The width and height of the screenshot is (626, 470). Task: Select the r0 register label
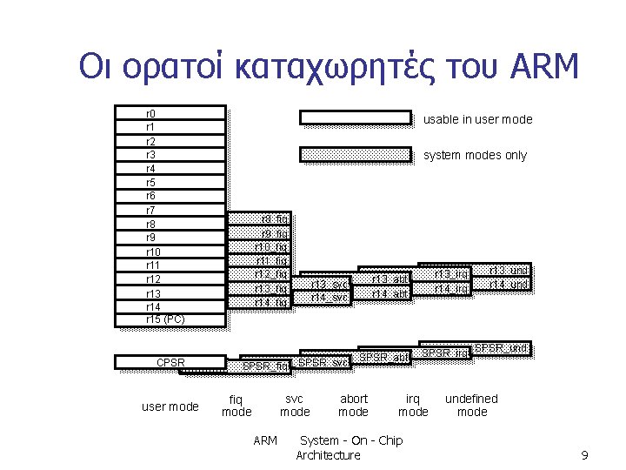pyautogui.click(x=150, y=113)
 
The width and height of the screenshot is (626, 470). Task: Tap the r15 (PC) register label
pyautogui.click(x=164, y=319)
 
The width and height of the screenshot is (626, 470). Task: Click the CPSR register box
pyautogui.click(x=170, y=362)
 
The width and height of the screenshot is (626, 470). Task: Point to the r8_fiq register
pyautogui.click(x=275, y=219)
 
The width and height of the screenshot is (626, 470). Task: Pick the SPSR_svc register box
pyautogui.click(x=323, y=361)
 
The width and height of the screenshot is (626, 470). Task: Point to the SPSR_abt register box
pyautogui.click(x=384, y=357)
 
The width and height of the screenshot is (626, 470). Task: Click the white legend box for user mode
pyautogui.click(x=355, y=117)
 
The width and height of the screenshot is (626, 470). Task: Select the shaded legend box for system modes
pyautogui.click(x=355, y=155)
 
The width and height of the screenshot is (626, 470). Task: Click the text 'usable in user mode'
pyautogui.click(x=477, y=119)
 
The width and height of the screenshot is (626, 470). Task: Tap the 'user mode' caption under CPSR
pyautogui.click(x=170, y=406)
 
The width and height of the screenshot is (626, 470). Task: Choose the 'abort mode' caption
pyautogui.click(x=353, y=405)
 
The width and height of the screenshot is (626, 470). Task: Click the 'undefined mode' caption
pyautogui.click(x=472, y=405)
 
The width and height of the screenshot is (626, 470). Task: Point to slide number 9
pyautogui.click(x=584, y=455)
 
